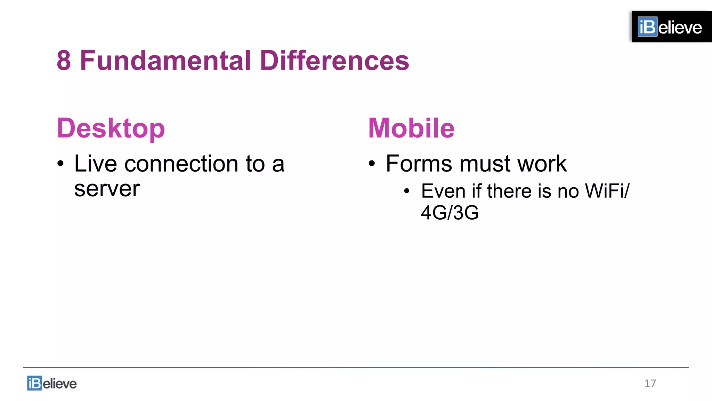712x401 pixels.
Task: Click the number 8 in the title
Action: tap(64, 61)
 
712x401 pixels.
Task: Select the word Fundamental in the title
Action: tap(165, 61)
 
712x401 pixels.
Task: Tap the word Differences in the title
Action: tap(334, 61)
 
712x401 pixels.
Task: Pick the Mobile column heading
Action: tap(411, 128)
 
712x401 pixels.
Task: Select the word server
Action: tap(107, 189)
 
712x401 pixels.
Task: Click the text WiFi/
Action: tap(607, 191)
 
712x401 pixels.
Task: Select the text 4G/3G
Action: tap(450, 212)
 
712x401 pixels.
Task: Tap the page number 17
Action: tap(650, 383)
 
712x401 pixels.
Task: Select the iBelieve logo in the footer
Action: tap(52, 383)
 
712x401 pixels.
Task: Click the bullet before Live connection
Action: tap(61, 164)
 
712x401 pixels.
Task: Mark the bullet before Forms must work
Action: tap(372, 164)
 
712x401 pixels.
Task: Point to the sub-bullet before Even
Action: tap(407, 191)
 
